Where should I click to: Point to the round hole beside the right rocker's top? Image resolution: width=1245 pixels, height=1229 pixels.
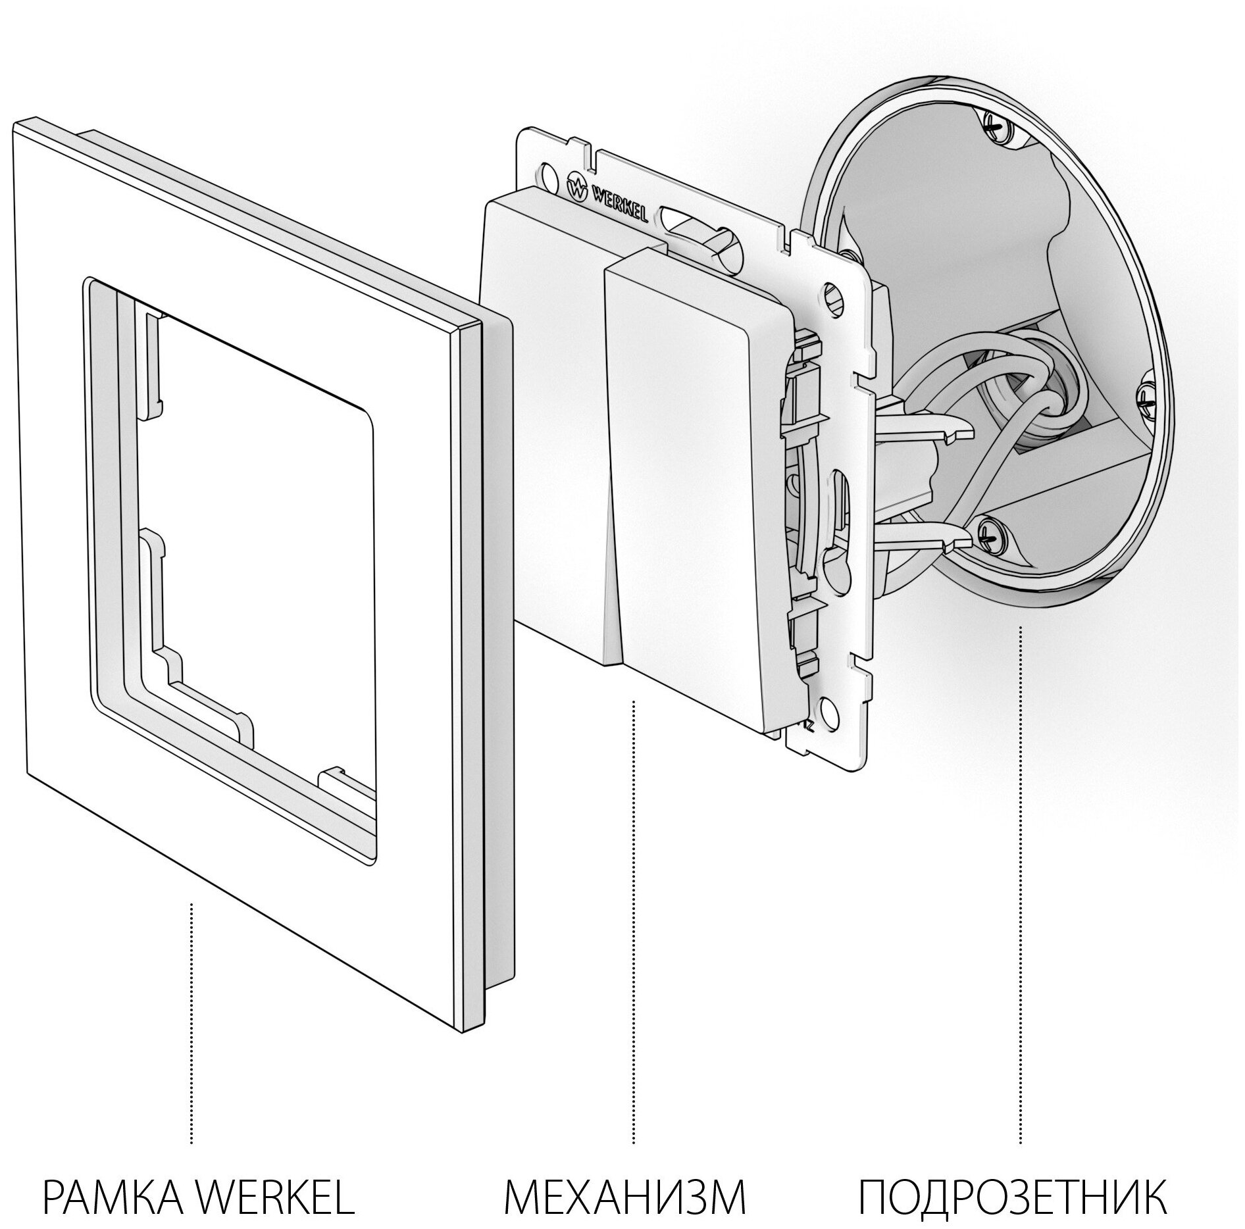[830, 291]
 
